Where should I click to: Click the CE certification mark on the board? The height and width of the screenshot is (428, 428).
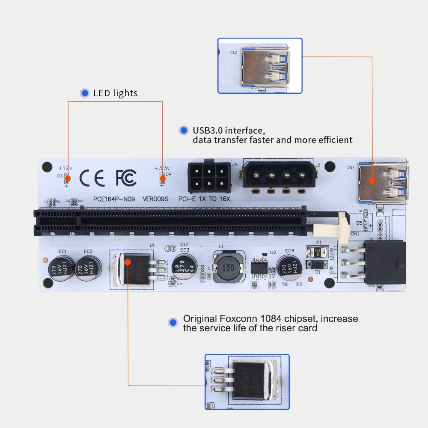pos(92,178)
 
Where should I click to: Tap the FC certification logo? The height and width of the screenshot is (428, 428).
pos(126,177)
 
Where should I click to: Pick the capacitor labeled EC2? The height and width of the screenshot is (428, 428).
pos(88,269)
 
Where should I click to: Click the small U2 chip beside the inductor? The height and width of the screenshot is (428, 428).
pos(260,266)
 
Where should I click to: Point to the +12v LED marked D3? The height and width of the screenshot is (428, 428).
pos(67,178)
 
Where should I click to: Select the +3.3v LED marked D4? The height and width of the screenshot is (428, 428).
pos(162,178)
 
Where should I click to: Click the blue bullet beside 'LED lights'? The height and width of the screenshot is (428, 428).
pos(85,93)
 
